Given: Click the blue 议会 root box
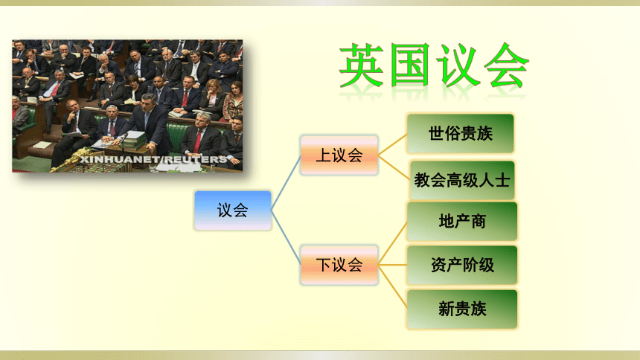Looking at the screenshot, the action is click(x=233, y=210).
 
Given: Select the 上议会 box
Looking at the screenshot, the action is click(x=339, y=155).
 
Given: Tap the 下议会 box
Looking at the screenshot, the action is click(x=339, y=265).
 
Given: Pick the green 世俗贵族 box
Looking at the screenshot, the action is click(x=461, y=133).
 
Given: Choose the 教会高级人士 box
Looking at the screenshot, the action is click(x=462, y=180).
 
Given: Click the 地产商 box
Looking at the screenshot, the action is click(x=462, y=221).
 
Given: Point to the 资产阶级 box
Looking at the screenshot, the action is click(x=462, y=265).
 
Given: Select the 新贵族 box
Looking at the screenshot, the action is click(x=462, y=309).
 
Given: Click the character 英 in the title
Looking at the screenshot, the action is click(x=361, y=65).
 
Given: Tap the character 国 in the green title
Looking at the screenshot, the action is click(x=410, y=65).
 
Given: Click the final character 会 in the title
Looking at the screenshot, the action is click(x=506, y=65).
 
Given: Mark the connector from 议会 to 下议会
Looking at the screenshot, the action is click(x=286, y=237).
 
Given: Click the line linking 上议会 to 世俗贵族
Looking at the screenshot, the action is click(x=393, y=144).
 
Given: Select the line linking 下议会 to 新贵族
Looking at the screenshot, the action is click(x=393, y=287).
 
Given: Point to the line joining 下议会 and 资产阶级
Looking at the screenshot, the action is click(x=393, y=265).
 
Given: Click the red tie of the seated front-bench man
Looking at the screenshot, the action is click(x=198, y=141).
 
